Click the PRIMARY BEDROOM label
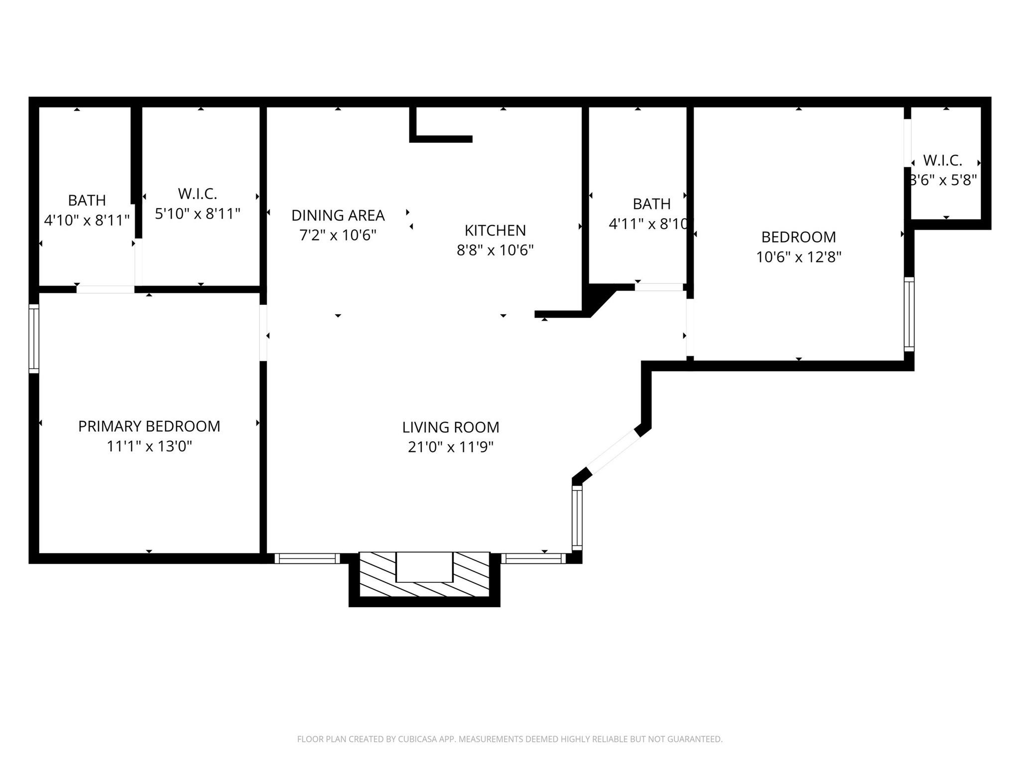coord(149,426)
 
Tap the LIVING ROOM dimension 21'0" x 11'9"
coord(450,447)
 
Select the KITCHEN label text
coord(495,230)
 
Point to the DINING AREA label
coord(338,215)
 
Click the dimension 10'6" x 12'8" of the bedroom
coord(798,257)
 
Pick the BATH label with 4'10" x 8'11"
coord(87,200)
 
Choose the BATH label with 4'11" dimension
coord(651,204)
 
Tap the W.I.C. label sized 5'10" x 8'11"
coord(197,194)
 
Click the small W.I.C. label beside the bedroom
coord(942,160)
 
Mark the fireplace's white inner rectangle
coord(424,567)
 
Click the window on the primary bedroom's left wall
coord(34,339)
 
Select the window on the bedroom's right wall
coord(909,314)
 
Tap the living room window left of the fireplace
coord(307,558)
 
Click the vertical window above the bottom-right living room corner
coord(577,518)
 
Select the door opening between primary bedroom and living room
coord(263,333)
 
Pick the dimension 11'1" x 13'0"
coord(149,446)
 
